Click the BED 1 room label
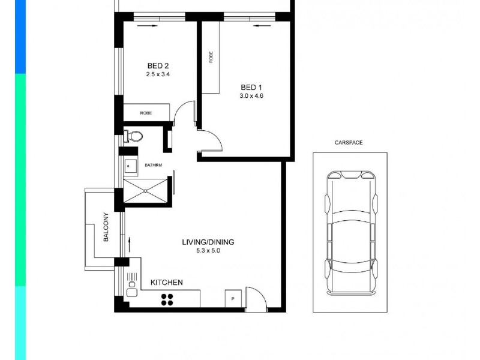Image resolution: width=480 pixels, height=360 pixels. (x=251, y=86)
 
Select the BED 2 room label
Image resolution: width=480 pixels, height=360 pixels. (x=158, y=66)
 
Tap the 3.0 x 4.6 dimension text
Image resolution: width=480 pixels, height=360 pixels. (x=251, y=95)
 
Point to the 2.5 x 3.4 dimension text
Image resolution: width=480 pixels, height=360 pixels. (x=158, y=75)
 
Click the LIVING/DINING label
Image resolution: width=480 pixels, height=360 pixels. (x=208, y=242)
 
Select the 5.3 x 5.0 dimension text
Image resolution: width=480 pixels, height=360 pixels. (x=208, y=251)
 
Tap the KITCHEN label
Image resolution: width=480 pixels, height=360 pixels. (x=166, y=282)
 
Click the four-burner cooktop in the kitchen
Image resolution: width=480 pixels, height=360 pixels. (x=167, y=299)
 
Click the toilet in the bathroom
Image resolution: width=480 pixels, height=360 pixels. (x=133, y=136)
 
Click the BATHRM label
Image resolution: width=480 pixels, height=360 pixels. (x=153, y=165)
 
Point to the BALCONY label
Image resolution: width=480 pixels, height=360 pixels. (x=106, y=227)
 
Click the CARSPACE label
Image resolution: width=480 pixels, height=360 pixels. (x=349, y=143)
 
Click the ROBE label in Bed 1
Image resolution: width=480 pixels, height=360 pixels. (x=211, y=57)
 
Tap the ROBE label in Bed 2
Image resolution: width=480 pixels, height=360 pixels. (x=146, y=112)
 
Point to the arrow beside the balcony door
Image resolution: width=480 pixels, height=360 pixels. (x=129, y=244)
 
